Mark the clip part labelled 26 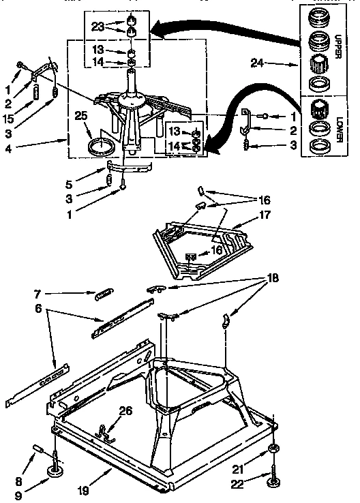pos(104,430)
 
